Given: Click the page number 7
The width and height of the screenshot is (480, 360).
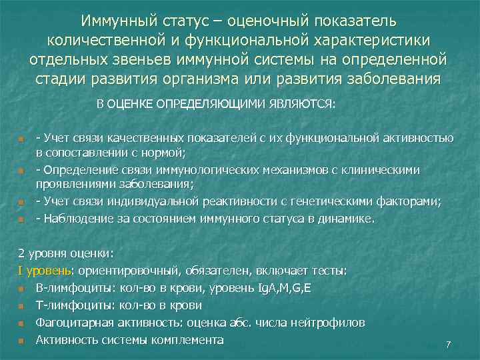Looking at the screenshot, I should [448, 345].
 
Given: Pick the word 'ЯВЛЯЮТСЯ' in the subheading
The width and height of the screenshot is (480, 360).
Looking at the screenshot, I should [303, 104].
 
